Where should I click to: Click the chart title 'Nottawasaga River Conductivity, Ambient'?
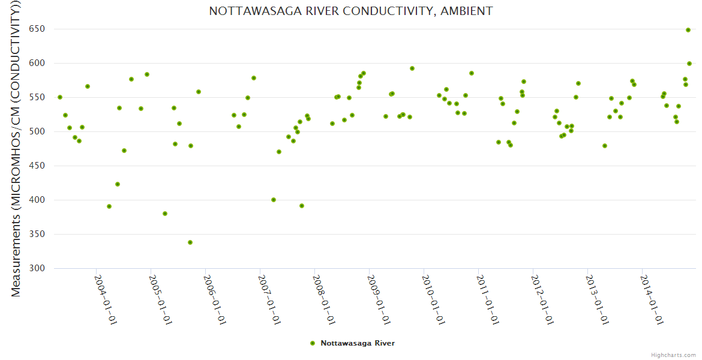coord(351,11)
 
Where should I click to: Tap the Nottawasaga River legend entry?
coord(353,343)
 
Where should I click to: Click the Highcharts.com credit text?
coord(674,355)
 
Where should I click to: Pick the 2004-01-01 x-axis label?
coord(106,299)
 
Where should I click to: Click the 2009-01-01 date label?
coord(379,299)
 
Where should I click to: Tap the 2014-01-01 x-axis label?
coord(651,299)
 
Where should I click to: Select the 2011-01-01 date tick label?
coord(488,299)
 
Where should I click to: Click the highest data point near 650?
coord(688,30)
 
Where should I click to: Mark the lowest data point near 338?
coord(190,242)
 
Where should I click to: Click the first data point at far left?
coord(60,97)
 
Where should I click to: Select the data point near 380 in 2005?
coord(165,214)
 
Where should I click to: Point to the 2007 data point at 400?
coord(274,200)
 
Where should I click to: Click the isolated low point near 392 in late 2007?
coord(302,206)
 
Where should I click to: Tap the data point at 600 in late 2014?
coord(689,64)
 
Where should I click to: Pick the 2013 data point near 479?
coord(605,146)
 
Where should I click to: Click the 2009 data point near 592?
coord(412,68)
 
